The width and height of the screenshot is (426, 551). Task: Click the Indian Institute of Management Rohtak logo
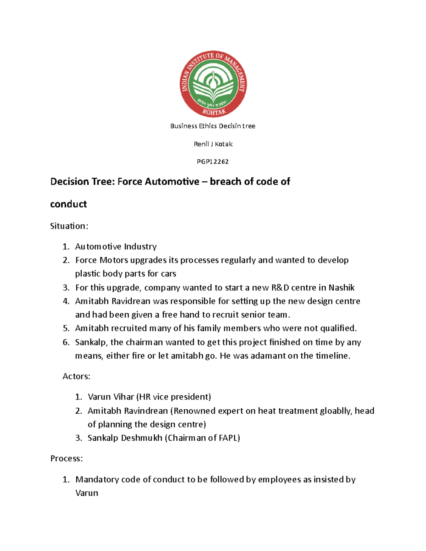coord(213,84)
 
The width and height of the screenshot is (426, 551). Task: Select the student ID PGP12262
coord(213,162)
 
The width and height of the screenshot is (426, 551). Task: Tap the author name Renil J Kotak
coord(213,144)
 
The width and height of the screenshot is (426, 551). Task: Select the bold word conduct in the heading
coord(69,204)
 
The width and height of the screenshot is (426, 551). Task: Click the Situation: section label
coord(69,226)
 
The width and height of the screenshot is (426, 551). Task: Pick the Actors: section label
coord(76,376)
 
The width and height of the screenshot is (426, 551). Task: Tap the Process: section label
coord(66,458)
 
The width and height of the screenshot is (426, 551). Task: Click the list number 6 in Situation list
coord(66,342)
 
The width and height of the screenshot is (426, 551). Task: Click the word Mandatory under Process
coord(97,479)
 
